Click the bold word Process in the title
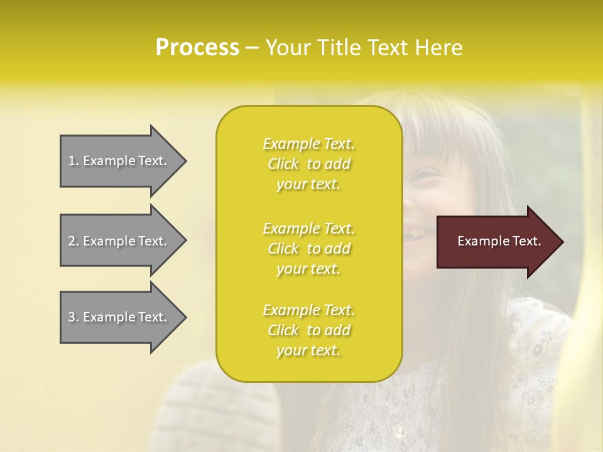pos(197,48)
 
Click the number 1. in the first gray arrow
pos(73,161)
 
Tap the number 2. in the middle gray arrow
pos(73,241)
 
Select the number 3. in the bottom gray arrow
pos(73,317)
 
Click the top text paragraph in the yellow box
pos(309,164)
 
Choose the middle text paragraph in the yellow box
pos(309,249)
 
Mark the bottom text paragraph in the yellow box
pos(309,330)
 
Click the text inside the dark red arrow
pos(499,241)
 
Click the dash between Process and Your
pos(252,48)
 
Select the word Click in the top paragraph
pos(283,164)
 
